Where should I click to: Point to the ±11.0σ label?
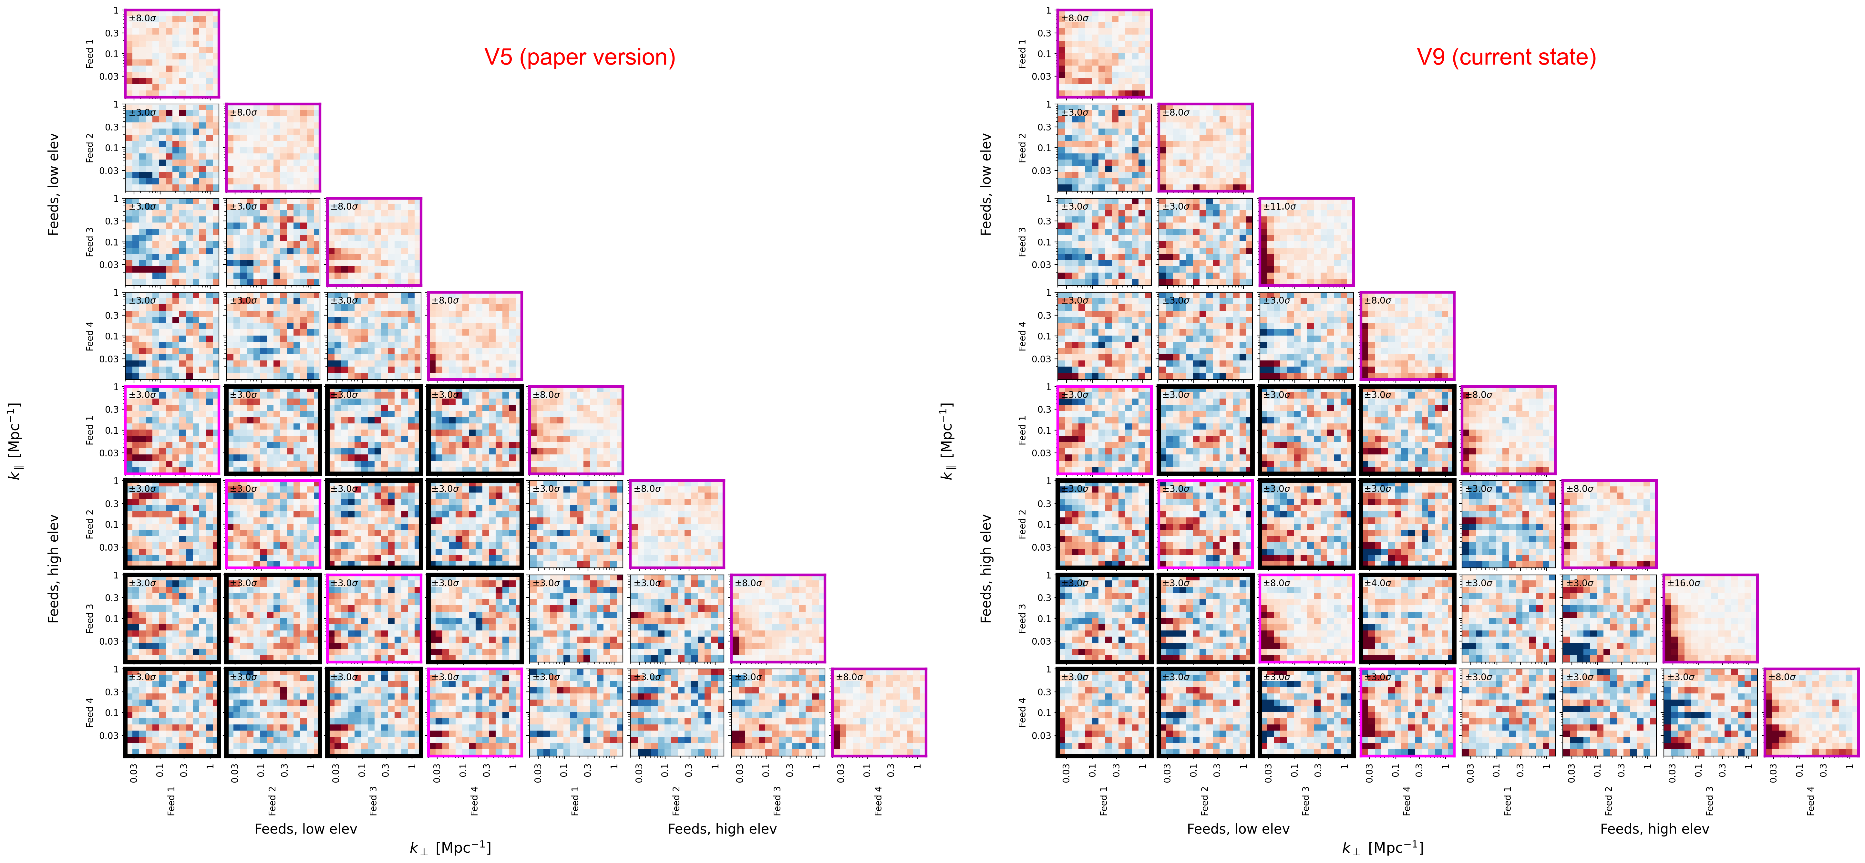coord(1279,206)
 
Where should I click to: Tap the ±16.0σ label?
coord(1684,583)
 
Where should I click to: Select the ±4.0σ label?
coord(1378,583)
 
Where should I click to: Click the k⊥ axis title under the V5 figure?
coord(450,848)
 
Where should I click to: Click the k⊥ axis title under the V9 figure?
coord(1383,848)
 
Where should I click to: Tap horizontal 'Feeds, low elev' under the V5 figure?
coord(305,829)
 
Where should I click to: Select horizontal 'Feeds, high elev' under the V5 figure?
coord(722,829)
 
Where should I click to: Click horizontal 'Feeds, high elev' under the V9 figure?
coord(1654,829)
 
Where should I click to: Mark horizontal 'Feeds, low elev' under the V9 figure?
coord(1238,829)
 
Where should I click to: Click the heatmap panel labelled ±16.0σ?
coord(1710,619)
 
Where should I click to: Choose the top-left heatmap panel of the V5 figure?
coord(171,54)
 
